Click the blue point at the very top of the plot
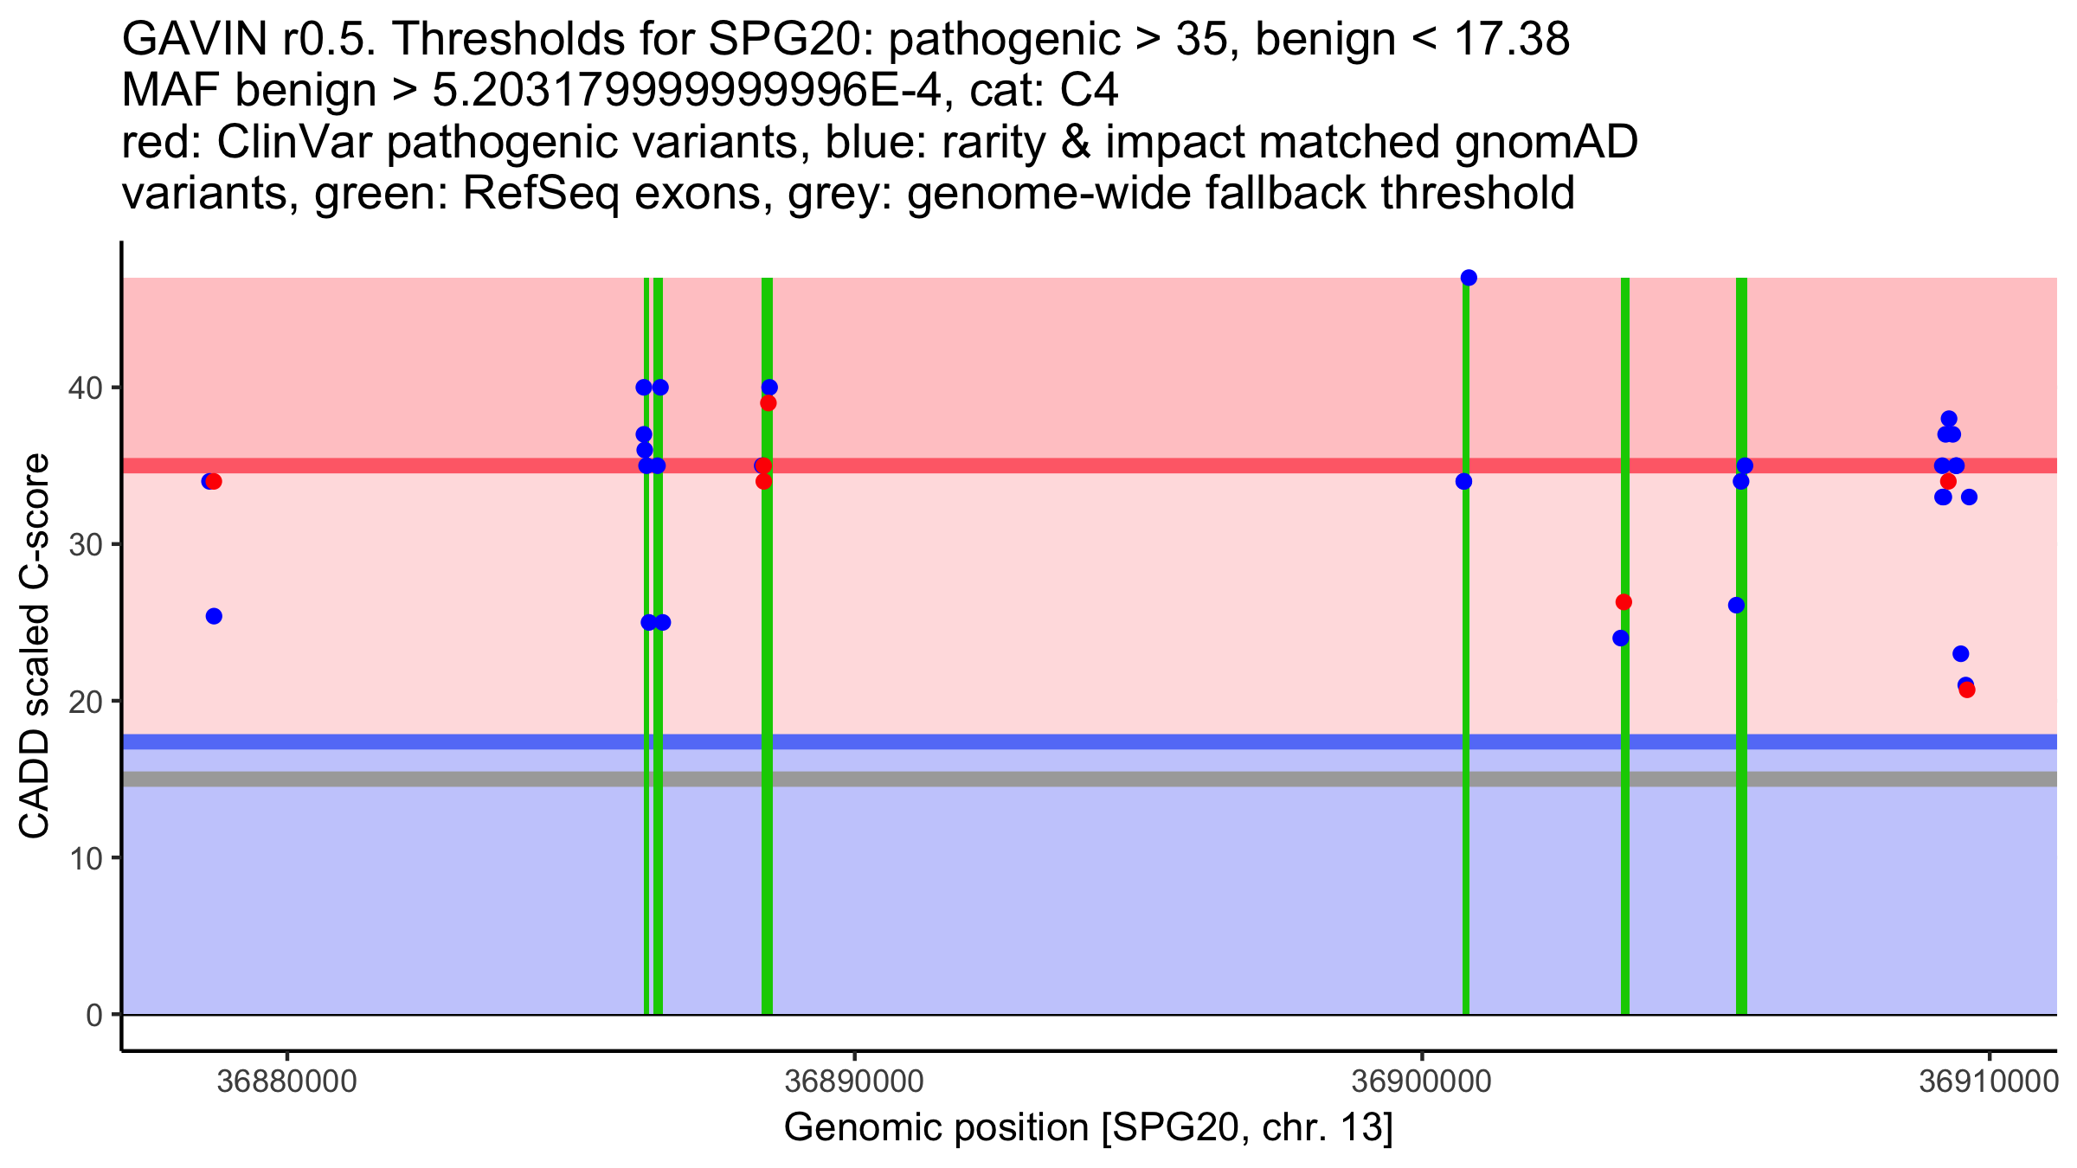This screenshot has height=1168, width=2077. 1469,278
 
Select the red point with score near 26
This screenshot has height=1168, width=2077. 1624,602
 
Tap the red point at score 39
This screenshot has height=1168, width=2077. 768,403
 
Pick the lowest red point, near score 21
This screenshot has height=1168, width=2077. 1967,690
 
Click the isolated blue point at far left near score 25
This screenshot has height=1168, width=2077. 214,616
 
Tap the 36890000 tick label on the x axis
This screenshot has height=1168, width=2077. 854,1082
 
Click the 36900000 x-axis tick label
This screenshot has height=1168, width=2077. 1421,1082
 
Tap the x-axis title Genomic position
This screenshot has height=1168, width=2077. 1088,1128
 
